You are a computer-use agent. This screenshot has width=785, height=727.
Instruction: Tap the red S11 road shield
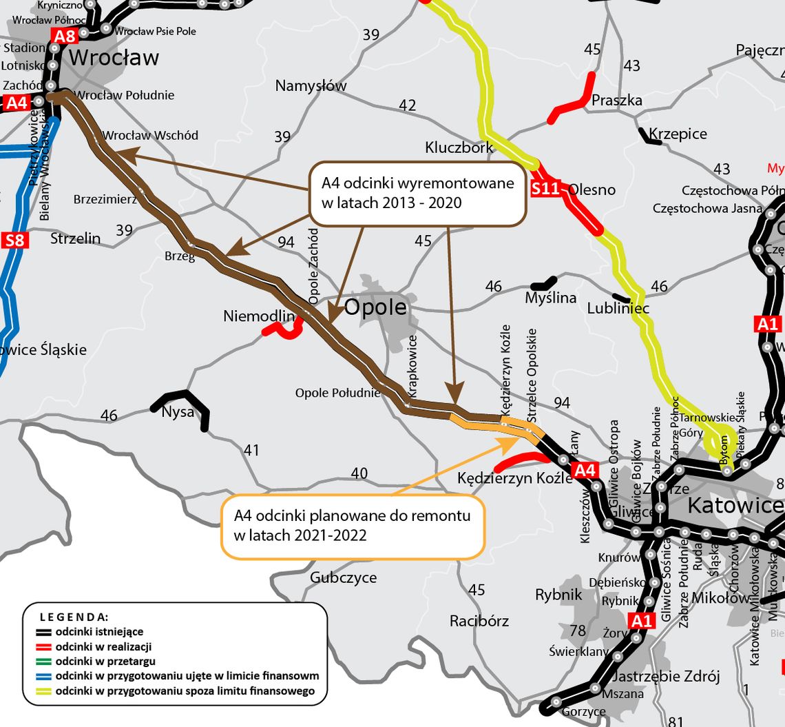(546, 188)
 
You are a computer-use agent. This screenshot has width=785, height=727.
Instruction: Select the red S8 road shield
(14, 240)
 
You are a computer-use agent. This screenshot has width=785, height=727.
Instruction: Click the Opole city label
(370, 307)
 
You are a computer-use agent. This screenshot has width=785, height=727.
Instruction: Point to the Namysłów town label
(311, 86)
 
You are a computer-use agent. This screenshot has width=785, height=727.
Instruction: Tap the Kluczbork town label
(459, 147)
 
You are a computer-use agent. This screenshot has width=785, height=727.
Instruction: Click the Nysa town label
(178, 413)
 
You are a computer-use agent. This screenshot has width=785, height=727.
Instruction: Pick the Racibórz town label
(479, 621)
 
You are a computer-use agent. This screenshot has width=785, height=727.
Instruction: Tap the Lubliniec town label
(618, 308)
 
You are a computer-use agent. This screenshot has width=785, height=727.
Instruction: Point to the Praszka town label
(616, 101)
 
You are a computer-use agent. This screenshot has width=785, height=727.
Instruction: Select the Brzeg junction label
(180, 256)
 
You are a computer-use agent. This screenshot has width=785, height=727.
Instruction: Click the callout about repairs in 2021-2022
(353, 524)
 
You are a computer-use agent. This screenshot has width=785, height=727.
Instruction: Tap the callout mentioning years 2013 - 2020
(417, 194)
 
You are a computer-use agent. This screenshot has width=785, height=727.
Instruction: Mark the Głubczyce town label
(343, 577)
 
